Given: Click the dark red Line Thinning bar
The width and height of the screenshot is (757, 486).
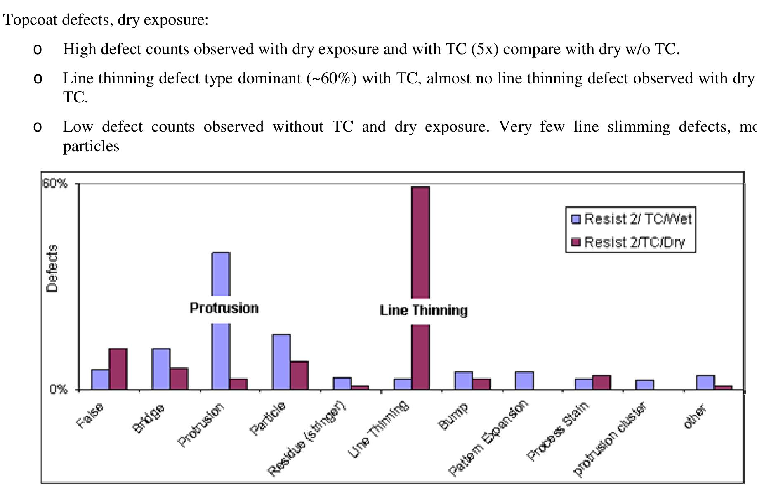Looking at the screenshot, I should (420, 248).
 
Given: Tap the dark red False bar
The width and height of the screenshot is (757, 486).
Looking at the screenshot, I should (118, 369).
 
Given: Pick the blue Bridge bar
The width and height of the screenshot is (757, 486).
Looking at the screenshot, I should (161, 369).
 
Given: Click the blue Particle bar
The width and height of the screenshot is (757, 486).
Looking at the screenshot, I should (281, 362).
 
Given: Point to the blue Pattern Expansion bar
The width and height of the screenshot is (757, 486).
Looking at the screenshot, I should (524, 380).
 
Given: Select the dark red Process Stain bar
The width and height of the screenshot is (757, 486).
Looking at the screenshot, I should (601, 382).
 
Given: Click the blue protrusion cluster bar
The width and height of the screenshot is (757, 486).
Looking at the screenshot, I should (644, 384).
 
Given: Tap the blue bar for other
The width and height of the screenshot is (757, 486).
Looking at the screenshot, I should (705, 382).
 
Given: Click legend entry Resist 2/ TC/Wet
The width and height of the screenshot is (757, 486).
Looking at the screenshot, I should (632, 219).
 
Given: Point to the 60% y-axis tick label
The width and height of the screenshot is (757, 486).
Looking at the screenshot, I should (55, 183).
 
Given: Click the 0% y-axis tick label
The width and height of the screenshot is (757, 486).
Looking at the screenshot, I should (59, 389).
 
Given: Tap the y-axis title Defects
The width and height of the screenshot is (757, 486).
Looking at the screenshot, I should (52, 268).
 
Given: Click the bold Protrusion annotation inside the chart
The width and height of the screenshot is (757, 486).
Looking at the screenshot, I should (224, 308).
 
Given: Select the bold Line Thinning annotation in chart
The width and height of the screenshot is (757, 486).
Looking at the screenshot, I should (424, 311).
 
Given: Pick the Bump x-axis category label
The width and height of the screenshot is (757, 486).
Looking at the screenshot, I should (453, 416).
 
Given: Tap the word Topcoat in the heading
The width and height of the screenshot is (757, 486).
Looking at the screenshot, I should (30, 19).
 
